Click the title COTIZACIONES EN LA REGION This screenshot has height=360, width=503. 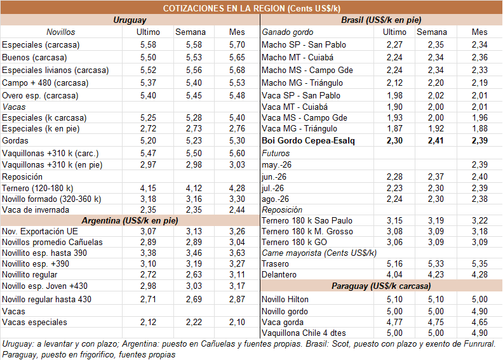[224, 8]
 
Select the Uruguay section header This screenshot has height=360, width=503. [130, 20]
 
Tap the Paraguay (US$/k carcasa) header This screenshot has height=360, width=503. [381, 286]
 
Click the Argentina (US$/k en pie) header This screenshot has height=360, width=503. [130, 220]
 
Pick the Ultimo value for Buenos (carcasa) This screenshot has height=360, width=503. [148, 57]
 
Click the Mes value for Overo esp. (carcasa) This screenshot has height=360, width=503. [237, 95]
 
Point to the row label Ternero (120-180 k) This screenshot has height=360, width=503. [37, 188]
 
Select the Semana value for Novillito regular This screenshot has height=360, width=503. [194, 275]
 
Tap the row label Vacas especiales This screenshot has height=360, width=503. [35, 322]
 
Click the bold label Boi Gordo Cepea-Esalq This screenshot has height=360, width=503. [308, 141]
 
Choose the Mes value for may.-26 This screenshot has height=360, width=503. [480, 165]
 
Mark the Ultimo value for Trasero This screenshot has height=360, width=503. [394, 264]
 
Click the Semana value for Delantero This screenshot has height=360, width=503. [436, 275]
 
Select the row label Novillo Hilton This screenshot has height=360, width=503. [285, 300]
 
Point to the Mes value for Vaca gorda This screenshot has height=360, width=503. [480, 322]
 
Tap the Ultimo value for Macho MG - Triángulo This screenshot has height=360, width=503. [394, 83]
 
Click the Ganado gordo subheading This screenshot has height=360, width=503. [288, 32]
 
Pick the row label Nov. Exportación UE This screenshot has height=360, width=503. [40, 232]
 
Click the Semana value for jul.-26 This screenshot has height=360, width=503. [436, 188]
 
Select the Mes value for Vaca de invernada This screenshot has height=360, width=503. [237, 210]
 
